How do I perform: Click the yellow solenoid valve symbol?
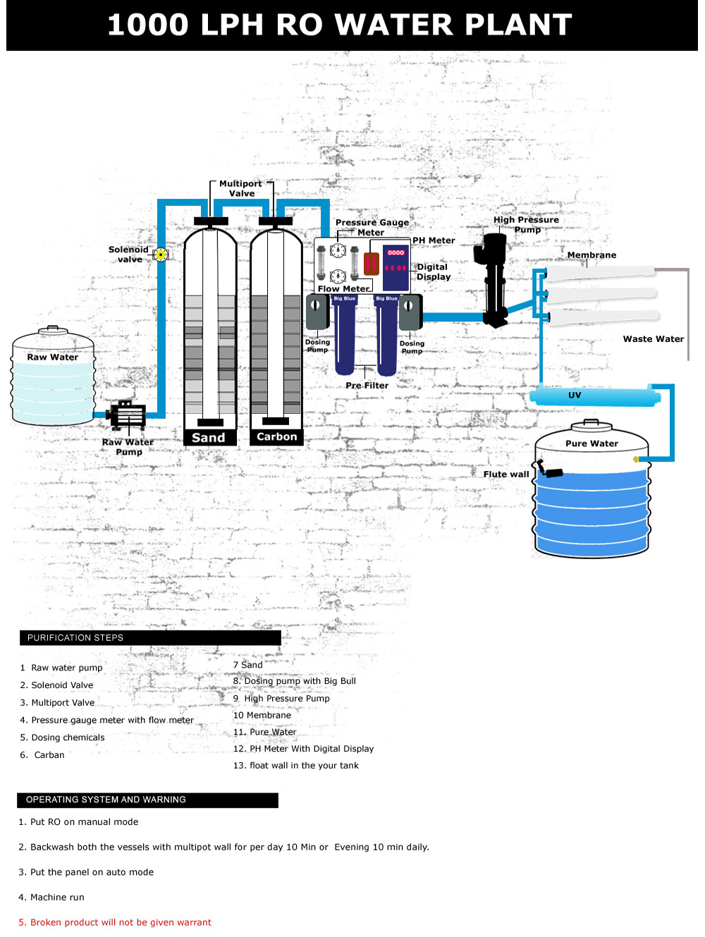161,255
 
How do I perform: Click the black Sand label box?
209,438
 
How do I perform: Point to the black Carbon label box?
277,437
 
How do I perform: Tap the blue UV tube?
596,396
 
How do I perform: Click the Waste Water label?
653,339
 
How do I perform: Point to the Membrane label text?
591,255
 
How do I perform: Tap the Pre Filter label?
367,386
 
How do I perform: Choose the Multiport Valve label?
241,188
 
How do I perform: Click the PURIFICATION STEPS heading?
75,638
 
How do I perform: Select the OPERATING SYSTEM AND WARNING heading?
106,800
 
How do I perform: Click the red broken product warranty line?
115,922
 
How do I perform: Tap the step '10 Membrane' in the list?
262,715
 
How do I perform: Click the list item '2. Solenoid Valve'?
56,685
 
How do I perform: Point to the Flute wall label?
505,474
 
